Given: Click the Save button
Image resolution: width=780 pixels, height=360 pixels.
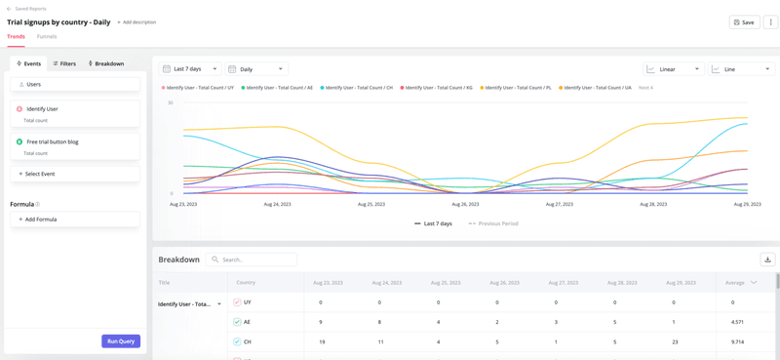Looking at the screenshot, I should coord(744,21).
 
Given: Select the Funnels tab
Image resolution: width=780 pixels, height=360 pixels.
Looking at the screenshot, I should coord(47,36).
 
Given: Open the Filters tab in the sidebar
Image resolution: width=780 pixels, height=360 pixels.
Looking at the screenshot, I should coord(64,63).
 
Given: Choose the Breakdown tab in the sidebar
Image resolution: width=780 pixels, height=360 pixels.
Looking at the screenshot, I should coord(106,63).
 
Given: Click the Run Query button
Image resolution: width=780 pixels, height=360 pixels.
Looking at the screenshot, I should coord(121,341).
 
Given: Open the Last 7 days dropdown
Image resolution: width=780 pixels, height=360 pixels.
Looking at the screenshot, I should coord(190,69).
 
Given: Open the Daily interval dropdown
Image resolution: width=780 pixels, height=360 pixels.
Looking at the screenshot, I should coord(256,69).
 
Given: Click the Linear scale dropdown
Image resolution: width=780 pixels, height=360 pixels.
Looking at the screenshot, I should coord(674,69).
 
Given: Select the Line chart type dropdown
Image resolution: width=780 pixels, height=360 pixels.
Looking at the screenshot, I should coord(742,69).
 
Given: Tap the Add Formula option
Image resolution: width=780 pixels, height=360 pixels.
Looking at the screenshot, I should coord(38,220).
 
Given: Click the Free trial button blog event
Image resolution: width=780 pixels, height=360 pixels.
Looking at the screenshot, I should coord(53,141).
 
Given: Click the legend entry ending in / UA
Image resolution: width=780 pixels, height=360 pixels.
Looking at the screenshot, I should coord(597,88).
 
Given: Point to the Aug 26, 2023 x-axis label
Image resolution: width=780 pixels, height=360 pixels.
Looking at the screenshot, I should coord(465,204).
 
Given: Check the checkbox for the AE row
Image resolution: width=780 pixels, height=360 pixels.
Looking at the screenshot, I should coord(237,322).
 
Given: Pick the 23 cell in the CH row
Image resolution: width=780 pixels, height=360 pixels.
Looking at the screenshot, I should coord(673,341).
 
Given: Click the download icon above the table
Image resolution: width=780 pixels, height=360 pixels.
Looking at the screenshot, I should coord(767,260).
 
